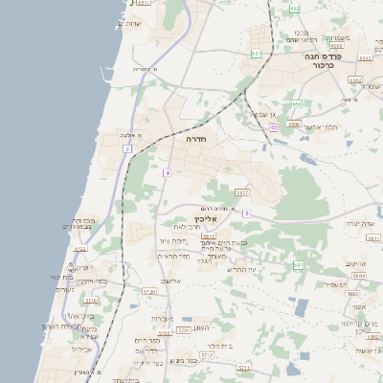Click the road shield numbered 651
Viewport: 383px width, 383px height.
pos(257,54)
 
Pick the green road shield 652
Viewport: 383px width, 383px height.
pos(295,9)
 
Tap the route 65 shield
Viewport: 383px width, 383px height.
pos(274,126)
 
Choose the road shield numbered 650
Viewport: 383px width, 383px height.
pos(297,103)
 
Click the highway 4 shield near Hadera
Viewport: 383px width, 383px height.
pos(167,172)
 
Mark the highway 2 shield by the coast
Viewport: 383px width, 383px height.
pos(126,149)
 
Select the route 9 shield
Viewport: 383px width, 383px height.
pos(246,213)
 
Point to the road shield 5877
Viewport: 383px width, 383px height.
pos(241,191)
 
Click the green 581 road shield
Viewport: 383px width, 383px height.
pos(298,264)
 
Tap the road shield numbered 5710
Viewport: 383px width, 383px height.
pos(91,300)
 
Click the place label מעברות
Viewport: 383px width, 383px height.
pos(161,318)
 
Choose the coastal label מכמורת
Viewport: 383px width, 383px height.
pos(83,220)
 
